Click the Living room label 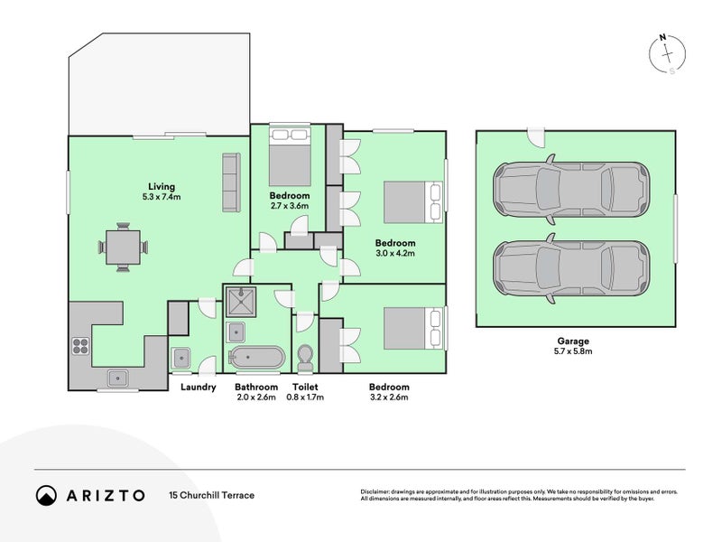pyautogui.click(x=162, y=187)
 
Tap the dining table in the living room pyautogui.click(x=123, y=248)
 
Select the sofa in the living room pyautogui.click(x=231, y=182)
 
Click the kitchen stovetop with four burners pyautogui.click(x=80, y=346)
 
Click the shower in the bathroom pyautogui.click(x=240, y=302)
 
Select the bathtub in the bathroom pyautogui.click(x=257, y=358)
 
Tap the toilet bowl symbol pyautogui.click(x=305, y=358)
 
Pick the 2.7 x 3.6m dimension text pyautogui.click(x=289, y=206)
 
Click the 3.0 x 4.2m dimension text pyautogui.click(x=395, y=253)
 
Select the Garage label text pyautogui.click(x=573, y=341)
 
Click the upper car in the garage pyautogui.click(x=571, y=189)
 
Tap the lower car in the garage pyautogui.click(x=571, y=268)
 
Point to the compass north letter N pyautogui.click(x=662, y=38)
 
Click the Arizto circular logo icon pyautogui.click(x=46, y=495)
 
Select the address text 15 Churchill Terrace pyautogui.click(x=212, y=495)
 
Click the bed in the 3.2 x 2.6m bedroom pyautogui.click(x=413, y=329)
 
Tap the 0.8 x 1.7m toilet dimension pyautogui.click(x=305, y=397)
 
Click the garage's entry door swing pyautogui.click(x=535, y=137)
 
